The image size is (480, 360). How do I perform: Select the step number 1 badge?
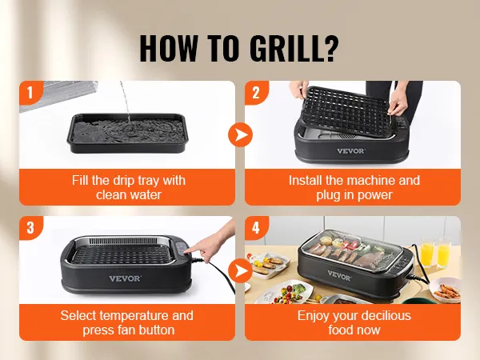[x=30, y=92]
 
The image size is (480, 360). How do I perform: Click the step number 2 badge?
[x=256, y=92]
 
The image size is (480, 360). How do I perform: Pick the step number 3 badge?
[x=30, y=227]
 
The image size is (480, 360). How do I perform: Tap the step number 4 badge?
[x=256, y=227]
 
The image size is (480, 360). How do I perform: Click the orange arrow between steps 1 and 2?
[x=240, y=134]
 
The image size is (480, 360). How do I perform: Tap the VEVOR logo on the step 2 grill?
[x=350, y=150]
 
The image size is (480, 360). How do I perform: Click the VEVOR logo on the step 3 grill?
[x=125, y=278]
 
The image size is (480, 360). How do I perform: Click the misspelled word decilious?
[x=382, y=316]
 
